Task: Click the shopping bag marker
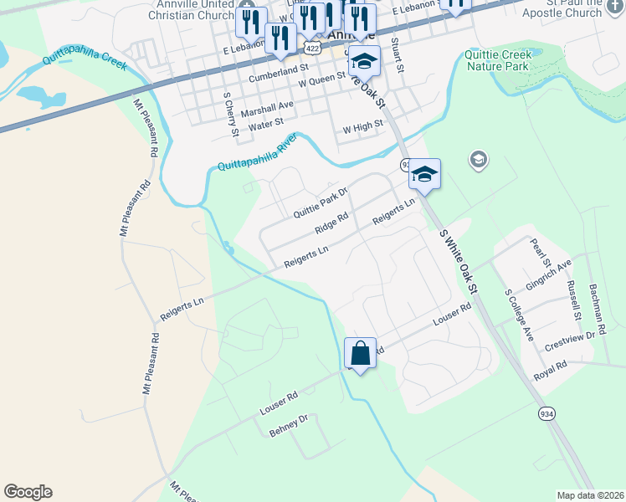point(360,354)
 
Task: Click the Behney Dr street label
point(289,425)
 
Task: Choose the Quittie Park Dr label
point(320,202)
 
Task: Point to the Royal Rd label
point(551,370)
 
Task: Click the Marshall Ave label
point(268,109)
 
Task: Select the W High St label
point(363,126)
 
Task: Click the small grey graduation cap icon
point(478,159)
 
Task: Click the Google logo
point(28,492)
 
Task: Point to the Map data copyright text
point(590,495)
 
